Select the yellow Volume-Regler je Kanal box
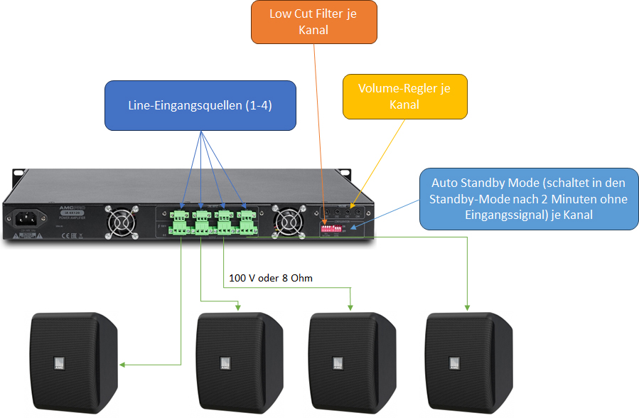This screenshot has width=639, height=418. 404,96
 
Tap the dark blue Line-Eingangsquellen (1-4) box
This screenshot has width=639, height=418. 200,105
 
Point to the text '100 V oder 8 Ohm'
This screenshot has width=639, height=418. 271,278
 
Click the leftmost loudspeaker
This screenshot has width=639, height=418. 74,363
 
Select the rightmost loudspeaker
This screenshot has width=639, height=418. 468,363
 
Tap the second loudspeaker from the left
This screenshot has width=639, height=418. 240,363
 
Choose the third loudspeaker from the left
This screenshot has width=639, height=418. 352,363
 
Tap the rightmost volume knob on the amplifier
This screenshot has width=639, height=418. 360,213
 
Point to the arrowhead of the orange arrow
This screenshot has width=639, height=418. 324,224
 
